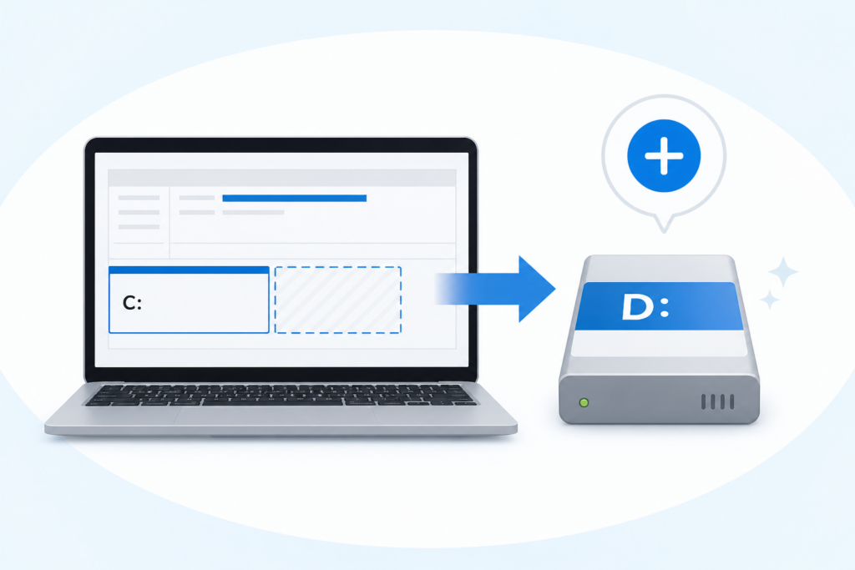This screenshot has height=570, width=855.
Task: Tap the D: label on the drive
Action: tap(645, 307)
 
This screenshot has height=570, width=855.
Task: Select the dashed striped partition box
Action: tap(338, 300)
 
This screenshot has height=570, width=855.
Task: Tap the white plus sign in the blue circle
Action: tap(664, 156)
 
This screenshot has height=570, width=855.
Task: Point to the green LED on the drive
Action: tap(584, 403)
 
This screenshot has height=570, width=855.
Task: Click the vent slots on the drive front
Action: tap(717, 402)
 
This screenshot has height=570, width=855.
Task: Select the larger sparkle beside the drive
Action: tap(783, 271)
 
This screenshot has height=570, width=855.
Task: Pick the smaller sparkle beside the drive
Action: tap(769, 300)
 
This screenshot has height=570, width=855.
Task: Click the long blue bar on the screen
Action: tap(295, 199)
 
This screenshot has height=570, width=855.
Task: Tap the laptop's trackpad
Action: tap(276, 416)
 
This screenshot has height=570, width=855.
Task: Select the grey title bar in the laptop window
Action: tap(282, 178)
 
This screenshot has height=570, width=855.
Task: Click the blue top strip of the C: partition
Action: tap(189, 270)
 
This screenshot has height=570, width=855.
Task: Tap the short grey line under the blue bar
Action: tap(253, 213)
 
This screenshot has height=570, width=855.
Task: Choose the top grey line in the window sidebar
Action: tap(139, 198)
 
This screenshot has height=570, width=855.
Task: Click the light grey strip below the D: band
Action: tap(660, 343)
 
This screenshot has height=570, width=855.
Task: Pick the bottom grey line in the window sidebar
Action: tap(139, 227)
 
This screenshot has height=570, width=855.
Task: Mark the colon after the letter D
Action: tap(664, 308)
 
